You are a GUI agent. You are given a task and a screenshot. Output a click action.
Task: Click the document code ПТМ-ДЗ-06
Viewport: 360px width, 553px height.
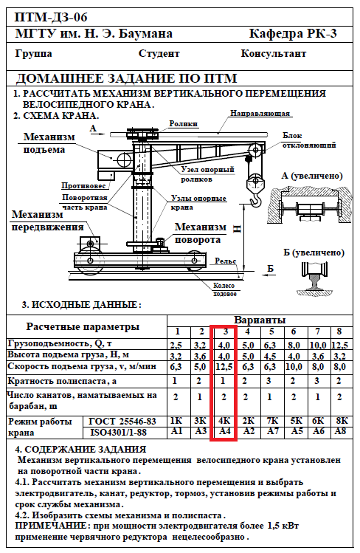click(51, 17)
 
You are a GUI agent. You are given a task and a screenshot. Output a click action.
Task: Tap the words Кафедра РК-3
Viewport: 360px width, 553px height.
click(293, 33)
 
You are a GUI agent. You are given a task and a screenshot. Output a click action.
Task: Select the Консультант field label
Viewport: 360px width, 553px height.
click(274, 54)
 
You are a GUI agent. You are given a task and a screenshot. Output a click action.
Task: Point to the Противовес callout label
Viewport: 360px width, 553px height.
click(83, 185)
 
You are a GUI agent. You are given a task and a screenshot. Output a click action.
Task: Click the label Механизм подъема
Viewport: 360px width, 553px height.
click(49, 142)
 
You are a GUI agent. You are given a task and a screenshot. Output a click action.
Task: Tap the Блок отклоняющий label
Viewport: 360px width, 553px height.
click(309, 140)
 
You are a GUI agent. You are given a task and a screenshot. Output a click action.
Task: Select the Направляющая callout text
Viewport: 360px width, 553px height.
click(260, 113)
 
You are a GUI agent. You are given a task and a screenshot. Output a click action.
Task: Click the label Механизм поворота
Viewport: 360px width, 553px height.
click(201, 233)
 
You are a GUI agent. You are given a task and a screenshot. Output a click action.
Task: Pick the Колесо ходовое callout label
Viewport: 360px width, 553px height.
click(224, 289)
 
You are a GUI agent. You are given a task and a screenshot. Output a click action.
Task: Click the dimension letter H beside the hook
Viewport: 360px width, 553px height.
click(237, 229)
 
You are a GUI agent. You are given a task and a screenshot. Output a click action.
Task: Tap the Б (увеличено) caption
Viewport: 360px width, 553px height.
click(314, 253)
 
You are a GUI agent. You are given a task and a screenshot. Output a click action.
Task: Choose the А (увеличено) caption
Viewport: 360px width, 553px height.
click(312, 175)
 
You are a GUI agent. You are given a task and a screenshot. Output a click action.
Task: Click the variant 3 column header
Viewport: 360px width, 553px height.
click(226, 332)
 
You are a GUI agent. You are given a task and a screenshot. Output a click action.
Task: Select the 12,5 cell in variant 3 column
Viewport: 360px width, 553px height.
click(224, 367)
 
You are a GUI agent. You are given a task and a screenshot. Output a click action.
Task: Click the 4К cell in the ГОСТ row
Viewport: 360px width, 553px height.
click(224, 421)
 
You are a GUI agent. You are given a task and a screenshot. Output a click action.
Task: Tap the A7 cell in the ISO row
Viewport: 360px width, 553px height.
click(271, 431)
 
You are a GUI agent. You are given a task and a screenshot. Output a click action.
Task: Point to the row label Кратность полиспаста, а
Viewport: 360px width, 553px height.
click(62, 381)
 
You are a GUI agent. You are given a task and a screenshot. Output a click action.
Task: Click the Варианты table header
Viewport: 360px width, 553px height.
click(260, 320)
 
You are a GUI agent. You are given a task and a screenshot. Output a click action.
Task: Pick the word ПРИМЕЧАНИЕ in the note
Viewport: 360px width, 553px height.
click(51, 526)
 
